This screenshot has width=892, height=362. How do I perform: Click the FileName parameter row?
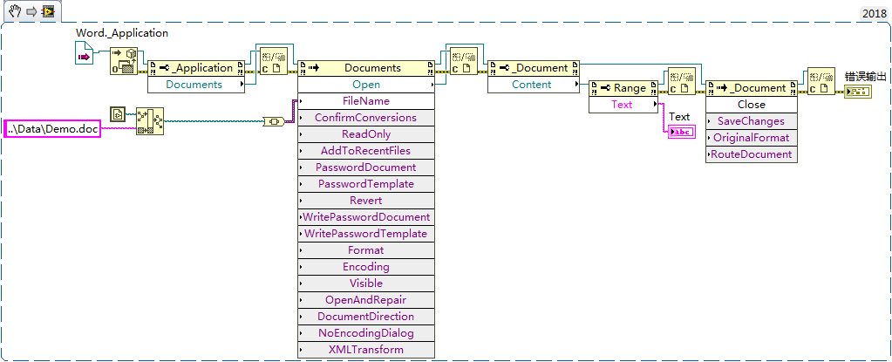pos(366,101)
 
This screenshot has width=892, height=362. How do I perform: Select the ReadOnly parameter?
pos(366,134)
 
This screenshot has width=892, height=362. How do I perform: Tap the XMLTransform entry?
pos(366,350)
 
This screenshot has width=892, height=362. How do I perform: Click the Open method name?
pos(366,85)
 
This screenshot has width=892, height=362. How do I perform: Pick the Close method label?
pos(751,105)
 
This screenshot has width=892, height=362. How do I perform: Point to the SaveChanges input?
pos(751,121)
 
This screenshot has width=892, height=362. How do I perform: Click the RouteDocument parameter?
pos(751,154)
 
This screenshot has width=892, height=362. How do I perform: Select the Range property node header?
pos(623,88)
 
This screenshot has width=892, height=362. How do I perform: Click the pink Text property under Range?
pos(623,105)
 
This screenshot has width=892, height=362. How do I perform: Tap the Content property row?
pos(532,85)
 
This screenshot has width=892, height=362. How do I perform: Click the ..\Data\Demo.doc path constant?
pos(52,129)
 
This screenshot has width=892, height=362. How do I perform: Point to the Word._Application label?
pos(122,33)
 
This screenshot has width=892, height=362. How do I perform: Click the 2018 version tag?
pos(875,13)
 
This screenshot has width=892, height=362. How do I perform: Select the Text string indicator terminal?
pos(680,132)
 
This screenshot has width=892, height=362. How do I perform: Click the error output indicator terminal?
pos(856,92)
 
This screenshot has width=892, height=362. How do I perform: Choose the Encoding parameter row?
pos(366,267)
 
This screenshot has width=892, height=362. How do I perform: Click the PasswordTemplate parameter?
pos(366,184)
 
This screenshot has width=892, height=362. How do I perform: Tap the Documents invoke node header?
pos(366,68)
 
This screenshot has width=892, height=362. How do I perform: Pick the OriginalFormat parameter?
pos(751,138)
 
